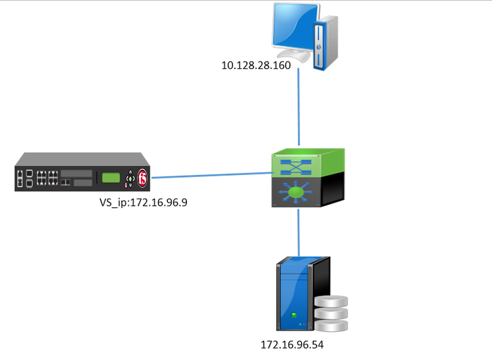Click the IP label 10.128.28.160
click(x=257, y=66)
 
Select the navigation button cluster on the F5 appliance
click(x=131, y=177)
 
